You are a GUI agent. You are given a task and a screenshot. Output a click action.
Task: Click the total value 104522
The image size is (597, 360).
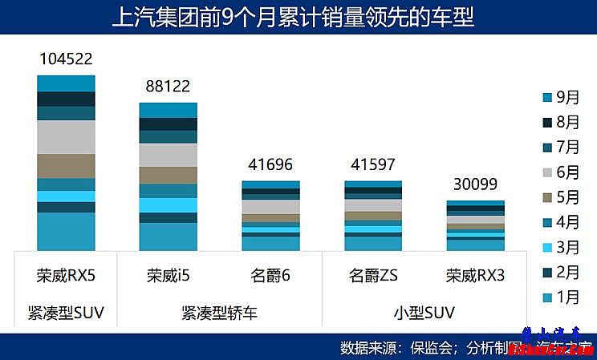coord(66,59)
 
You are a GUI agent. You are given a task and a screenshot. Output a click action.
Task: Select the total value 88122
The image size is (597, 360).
coord(168,86)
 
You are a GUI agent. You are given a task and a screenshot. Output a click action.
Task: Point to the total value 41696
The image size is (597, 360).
coord(270,164)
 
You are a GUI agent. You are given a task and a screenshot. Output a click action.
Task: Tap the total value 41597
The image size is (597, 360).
coord(373,164)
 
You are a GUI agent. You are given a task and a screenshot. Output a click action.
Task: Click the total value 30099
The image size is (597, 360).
coord(475,184)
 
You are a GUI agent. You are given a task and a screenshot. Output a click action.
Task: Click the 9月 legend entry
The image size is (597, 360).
coord(561,97)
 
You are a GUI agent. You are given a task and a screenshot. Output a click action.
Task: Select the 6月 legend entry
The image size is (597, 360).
coord(561,172)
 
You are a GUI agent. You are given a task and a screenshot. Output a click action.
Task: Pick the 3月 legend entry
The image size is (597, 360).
coord(561,247)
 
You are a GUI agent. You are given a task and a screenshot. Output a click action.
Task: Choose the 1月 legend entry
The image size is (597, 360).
coord(561,297)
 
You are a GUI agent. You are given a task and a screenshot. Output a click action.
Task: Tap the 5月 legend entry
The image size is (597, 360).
coord(561,197)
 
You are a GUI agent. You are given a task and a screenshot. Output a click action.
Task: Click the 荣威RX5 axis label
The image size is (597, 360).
coord(66,276)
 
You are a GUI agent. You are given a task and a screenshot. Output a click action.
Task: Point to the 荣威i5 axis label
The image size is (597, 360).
coord(168,276)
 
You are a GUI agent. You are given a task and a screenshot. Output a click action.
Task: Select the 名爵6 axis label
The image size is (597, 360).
coord(270,276)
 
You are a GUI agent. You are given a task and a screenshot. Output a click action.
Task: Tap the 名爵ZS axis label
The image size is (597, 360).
coord(373,276)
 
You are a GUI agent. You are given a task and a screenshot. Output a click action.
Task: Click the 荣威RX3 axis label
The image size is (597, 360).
coord(475,276)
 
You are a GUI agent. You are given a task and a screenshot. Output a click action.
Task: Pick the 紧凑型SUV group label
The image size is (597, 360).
coord(66,311)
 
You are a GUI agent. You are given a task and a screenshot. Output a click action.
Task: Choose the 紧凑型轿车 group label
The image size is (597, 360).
coord(219,311)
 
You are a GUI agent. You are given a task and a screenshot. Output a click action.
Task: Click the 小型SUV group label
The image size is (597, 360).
coord(424,311)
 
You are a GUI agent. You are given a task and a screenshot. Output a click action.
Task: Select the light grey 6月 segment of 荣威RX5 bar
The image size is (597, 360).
coord(66,136)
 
